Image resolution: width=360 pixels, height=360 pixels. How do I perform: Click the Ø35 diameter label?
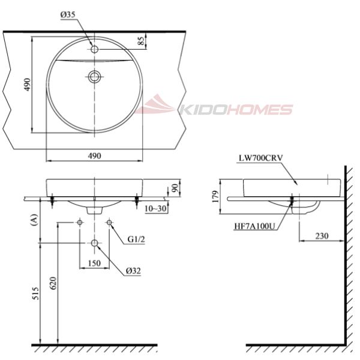68,14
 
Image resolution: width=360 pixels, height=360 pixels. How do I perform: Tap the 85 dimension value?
142,41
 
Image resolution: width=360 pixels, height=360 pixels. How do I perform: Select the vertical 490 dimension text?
27,85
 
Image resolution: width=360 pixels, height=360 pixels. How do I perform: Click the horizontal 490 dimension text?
94,156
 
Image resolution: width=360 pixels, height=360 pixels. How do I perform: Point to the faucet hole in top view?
94,49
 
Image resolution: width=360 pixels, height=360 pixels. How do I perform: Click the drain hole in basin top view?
94,76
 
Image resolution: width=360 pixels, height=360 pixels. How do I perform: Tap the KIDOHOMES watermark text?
236,110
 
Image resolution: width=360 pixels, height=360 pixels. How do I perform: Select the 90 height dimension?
175,188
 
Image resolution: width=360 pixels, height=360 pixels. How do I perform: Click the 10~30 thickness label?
155,208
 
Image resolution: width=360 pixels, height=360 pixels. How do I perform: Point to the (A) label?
34,220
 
